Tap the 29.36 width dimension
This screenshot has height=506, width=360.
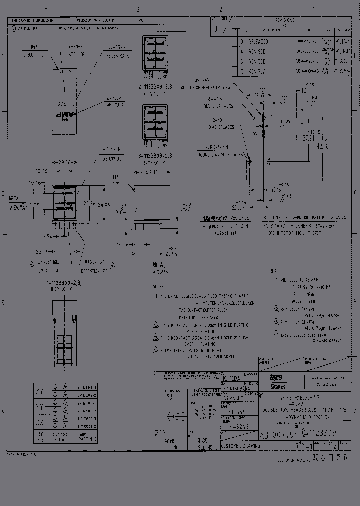click(x=65, y=163)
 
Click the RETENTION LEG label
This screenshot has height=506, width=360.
click(x=95, y=272)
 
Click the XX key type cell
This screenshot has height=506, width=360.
click(x=40, y=423)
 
